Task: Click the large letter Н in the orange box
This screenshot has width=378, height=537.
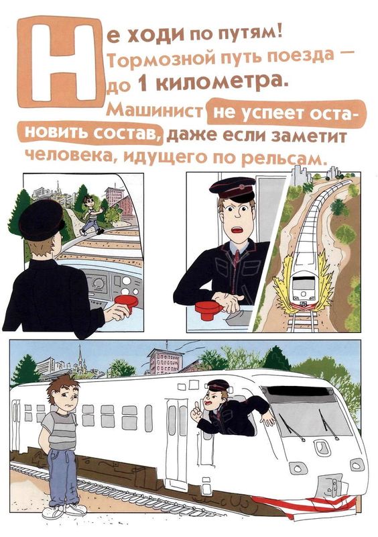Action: point(64,62)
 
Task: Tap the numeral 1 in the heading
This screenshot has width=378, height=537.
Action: point(142,84)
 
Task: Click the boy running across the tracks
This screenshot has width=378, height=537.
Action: point(90,215)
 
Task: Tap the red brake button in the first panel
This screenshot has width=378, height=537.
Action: point(126,301)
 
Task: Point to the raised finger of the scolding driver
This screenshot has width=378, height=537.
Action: point(196,405)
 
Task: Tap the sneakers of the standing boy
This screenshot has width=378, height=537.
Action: point(64,511)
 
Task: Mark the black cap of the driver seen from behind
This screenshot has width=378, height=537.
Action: point(42,219)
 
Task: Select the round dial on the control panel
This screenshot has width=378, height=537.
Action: point(99,283)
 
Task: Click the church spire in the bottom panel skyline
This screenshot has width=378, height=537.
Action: point(80,355)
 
